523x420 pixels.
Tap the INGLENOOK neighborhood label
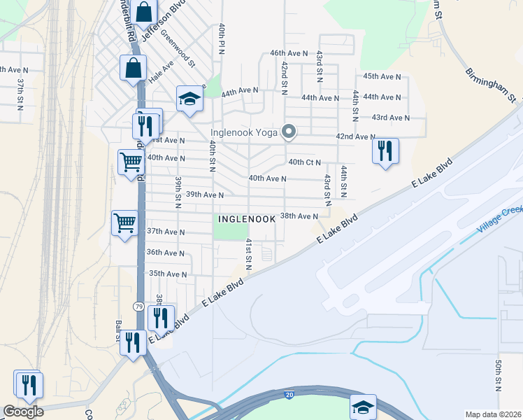click(x=246, y=219)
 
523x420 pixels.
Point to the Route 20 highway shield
click(x=289, y=395)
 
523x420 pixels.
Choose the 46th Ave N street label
click(x=289, y=53)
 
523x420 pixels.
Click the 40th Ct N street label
click(x=306, y=162)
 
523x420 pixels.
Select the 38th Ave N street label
click(x=299, y=216)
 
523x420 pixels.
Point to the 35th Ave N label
click(x=166, y=274)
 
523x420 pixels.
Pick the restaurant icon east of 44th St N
click(x=385, y=150)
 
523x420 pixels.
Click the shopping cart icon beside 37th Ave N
click(x=124, y=223)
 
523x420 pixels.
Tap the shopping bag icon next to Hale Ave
click(x=132, y=69)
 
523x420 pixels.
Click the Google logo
click(x=23, y=411)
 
